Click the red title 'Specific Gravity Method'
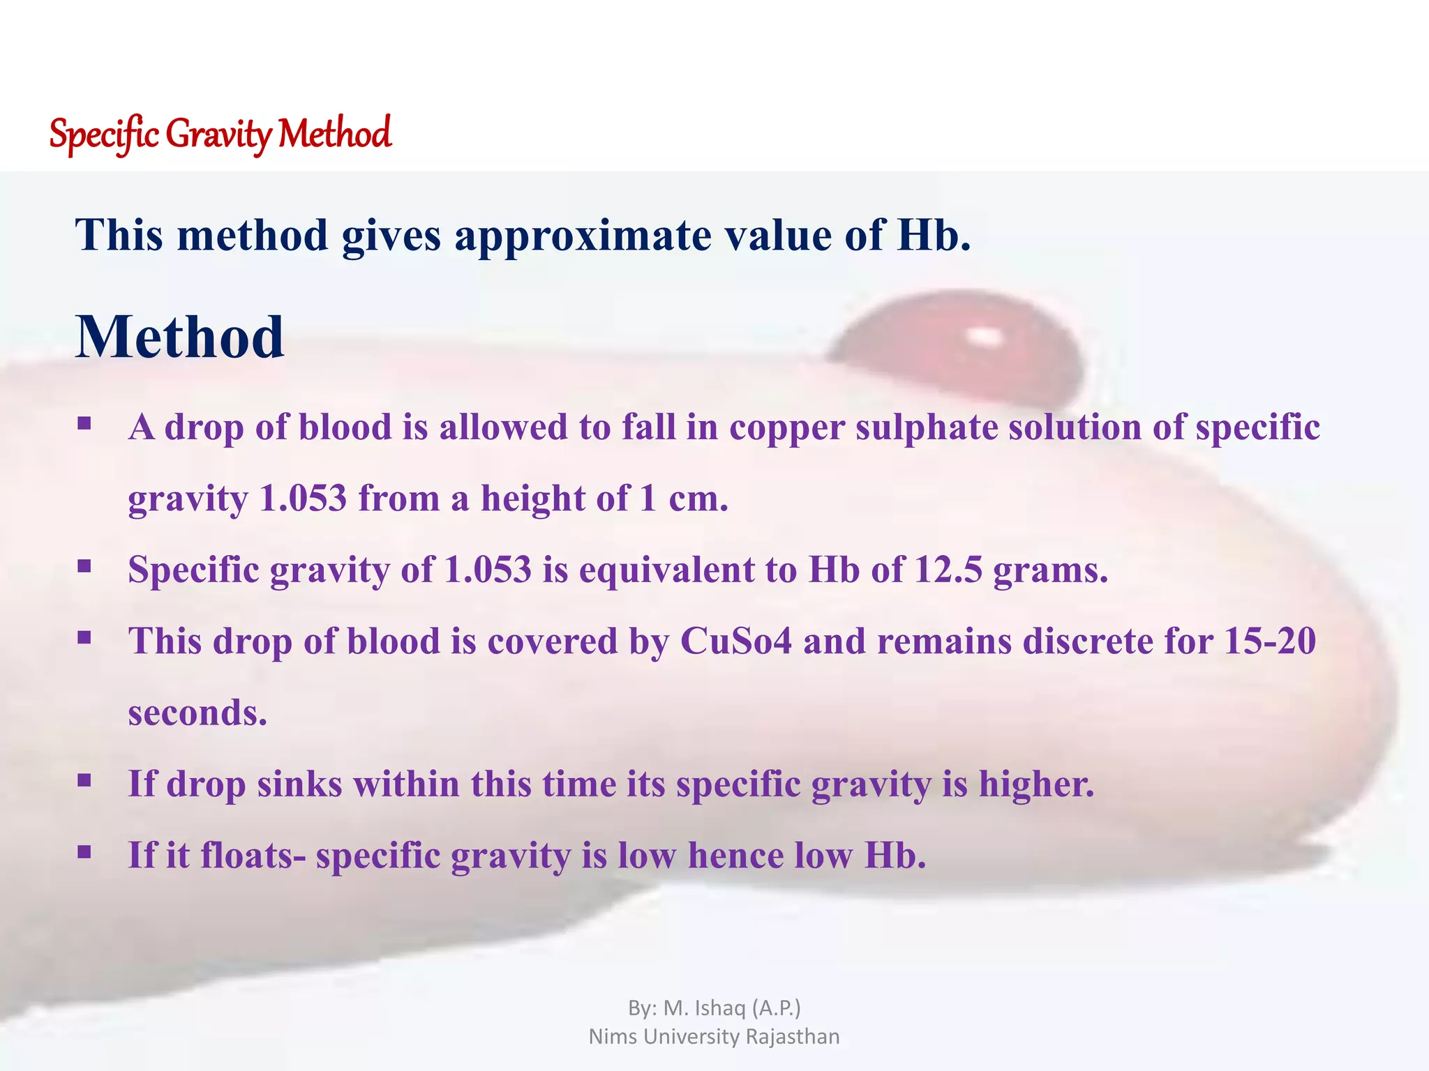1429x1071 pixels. point(220,134)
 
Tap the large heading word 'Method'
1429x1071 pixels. point(180,337)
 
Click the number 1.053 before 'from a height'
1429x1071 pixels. point(302,499)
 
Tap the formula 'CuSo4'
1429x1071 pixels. point(736,641)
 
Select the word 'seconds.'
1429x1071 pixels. point(197,713)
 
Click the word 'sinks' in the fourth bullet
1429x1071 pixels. point(299,784)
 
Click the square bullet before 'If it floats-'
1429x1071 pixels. point(84,851)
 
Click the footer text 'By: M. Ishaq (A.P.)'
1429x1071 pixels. point(714,1008)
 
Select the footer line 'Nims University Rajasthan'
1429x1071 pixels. point(714,1036)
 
